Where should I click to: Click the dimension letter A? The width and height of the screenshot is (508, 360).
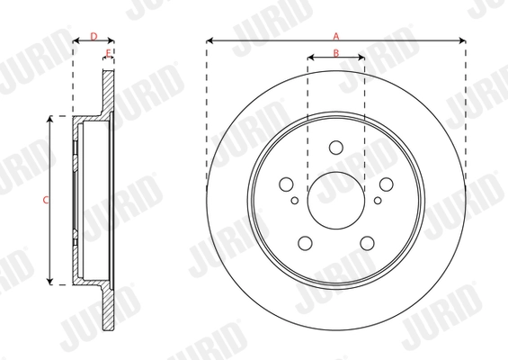(336, 35)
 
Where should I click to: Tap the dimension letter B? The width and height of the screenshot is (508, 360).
(336, 53)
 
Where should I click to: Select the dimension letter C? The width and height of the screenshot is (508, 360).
(46, 200)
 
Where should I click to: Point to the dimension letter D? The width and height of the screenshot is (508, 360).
(93, 35)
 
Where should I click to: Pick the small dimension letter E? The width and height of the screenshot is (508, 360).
(108, 53)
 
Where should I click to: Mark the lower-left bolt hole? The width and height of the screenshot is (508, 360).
(306, 242)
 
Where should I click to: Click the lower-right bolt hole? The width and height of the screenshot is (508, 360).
(367, 242)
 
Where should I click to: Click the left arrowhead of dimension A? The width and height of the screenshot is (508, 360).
(209, 40)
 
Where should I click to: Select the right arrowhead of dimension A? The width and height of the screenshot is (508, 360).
(463, 40)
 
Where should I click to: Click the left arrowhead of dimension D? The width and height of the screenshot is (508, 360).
(75, 40)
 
